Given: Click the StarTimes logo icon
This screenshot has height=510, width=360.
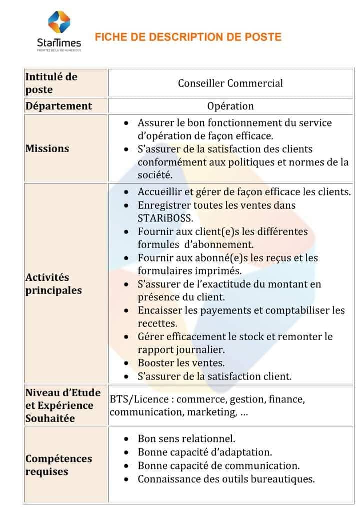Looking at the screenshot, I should [x=58, y=23].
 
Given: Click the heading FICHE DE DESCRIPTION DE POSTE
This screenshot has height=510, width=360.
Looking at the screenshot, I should [x=188, y=37].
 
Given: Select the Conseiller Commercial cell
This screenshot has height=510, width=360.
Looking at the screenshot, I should [x=230, y=83].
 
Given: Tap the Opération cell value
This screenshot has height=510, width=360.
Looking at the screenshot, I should [x=230, y=106].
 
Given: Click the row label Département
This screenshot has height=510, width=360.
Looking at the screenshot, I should [x=59, y=106].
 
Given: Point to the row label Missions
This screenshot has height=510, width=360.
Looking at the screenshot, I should [x=47, y=149].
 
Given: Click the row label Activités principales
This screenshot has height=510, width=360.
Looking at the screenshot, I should [x=54, y=284].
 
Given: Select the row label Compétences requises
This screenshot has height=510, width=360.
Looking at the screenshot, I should [x=59, y=465].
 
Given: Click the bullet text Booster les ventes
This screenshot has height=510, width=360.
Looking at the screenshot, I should [x=181, y=363].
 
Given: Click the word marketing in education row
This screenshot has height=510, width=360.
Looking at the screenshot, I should [x=217, y=412].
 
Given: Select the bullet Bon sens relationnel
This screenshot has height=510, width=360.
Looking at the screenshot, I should [x=186, y=439].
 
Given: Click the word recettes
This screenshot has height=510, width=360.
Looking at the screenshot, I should [x=157, y=323].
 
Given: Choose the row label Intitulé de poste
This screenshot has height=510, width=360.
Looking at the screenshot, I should [x=51, y=83].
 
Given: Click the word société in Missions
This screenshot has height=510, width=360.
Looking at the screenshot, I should [x=155, y=175].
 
